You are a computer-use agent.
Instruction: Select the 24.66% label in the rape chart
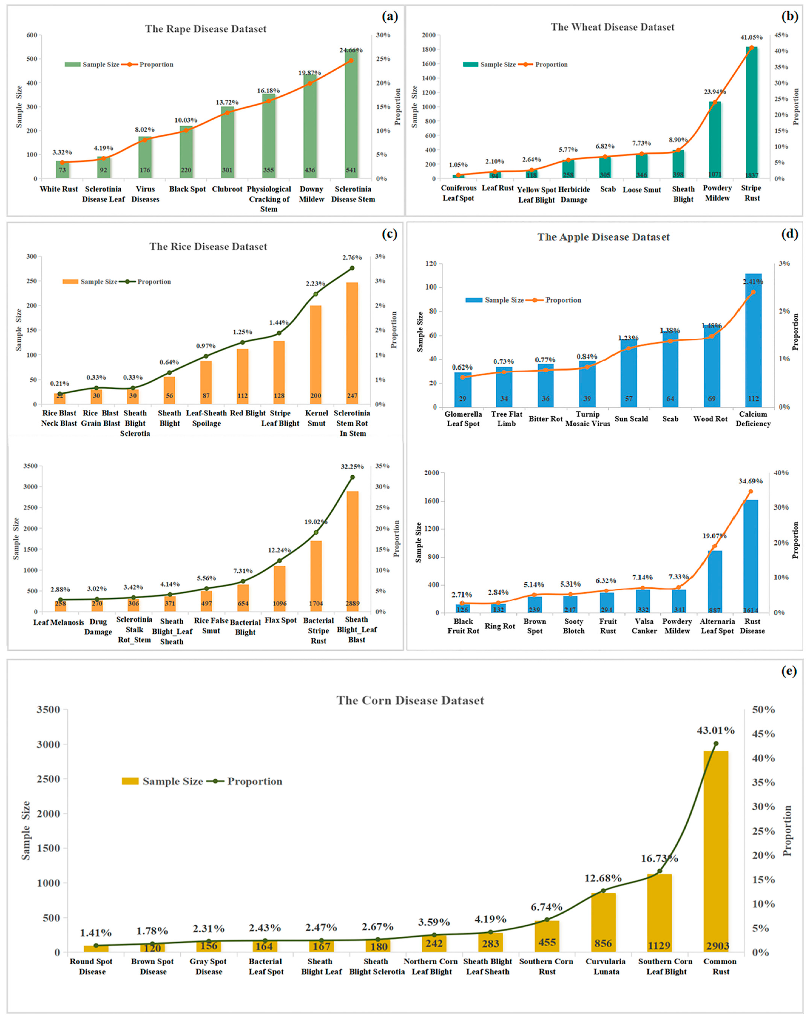pyautogui.click(x=351, y=50)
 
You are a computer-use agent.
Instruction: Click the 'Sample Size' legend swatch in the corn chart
pyautogui.click(x=130, y=781)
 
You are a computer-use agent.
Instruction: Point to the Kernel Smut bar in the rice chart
pyautogui.click(x=316, y=355)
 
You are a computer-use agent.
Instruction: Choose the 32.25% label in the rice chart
pyautogui.click(x=352, y=467)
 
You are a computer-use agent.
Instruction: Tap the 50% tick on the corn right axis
pyautogui.click(x=763, y=710)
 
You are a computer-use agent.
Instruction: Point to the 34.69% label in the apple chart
pyautogui.click(x=750, y=481)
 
